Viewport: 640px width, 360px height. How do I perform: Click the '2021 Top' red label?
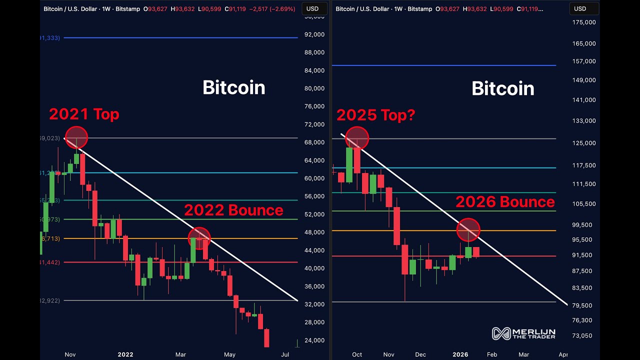pyautogui.click(x=84, y=114)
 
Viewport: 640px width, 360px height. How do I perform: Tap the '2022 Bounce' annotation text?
pyautogui.click(x=233, y=210)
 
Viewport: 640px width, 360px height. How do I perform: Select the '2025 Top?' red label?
pyautogui.click(x=375, y=115)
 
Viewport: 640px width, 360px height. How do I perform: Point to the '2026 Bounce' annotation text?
pyautogui.click(x=505, y=202)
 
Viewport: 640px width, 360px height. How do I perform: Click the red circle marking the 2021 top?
pyautogui.click(x=76, y=137)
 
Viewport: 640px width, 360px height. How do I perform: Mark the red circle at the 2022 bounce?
pyautogui.click(x=199, y=238)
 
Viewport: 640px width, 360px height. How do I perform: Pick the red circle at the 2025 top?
pyautogui.click(x=357, y=138)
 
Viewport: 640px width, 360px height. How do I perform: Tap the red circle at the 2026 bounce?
pyautogui.click(x=468, y=230)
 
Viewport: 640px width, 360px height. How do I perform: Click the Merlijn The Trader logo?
pyautogui.click(x=523, y=333)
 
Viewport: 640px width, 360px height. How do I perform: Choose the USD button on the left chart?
pyautogui.click(x=312, y=8)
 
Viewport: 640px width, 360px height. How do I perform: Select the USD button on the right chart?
pyautogui.click(x=580, y=8)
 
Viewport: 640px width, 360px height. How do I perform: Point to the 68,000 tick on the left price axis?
pyautogui.click(x=314, y=142)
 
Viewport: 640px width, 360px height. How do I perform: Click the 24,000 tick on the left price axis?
pyautogui.click(x=314, y=340)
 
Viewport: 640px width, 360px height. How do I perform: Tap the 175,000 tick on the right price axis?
pyautogui.click(x=584, y=22)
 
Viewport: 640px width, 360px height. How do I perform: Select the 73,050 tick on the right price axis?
pyautogui.click(x=581, y=336)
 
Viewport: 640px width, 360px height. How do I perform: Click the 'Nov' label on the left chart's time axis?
pyautogui.click(x=70, y=354)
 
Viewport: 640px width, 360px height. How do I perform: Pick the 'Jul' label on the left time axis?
pyautogui.click(x=285, y=354)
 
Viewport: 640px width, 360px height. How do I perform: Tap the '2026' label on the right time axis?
pyautogui.click(x=460, y=354)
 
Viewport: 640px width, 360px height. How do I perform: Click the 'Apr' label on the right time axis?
pyautogui.click(x=563, y=354)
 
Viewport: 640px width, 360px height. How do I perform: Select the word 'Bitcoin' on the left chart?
pyautogui.click(x=233, y=88)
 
